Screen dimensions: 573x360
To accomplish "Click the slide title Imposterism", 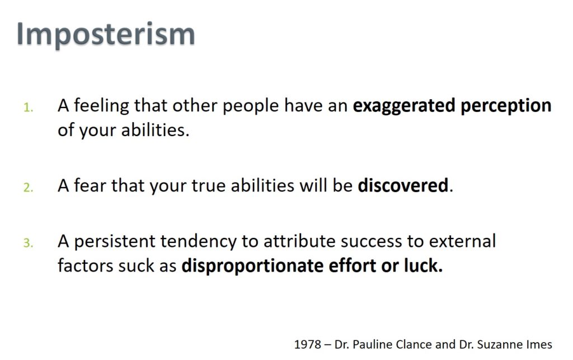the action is pyautogui.click(x=106, y=34).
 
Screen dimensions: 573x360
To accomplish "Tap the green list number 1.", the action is pyautogui.click(x=28, y=108).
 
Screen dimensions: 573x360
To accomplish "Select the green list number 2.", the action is pyautogui.click(x=28, y=188).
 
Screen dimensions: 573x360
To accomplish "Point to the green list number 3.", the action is pyautogui.click(x=28, y=243).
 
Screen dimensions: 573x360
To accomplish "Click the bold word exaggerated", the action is pyautogui.click(x=404, y=106).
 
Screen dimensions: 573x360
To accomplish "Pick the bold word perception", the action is pyautogui.click(x=506, y=106).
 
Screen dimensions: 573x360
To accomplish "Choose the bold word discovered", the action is pyautogui.click(x=403, y=185).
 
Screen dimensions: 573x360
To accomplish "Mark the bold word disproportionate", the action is pyautogui.click(x=252, y=267).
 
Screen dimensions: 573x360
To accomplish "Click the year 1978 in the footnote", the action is pyautogui.click(x=308, y=345).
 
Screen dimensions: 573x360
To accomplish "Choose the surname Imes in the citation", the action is pyautogui.click(x=539, y=345).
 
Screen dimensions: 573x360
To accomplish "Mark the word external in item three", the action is pyautogui.click(x=462, y=241).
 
